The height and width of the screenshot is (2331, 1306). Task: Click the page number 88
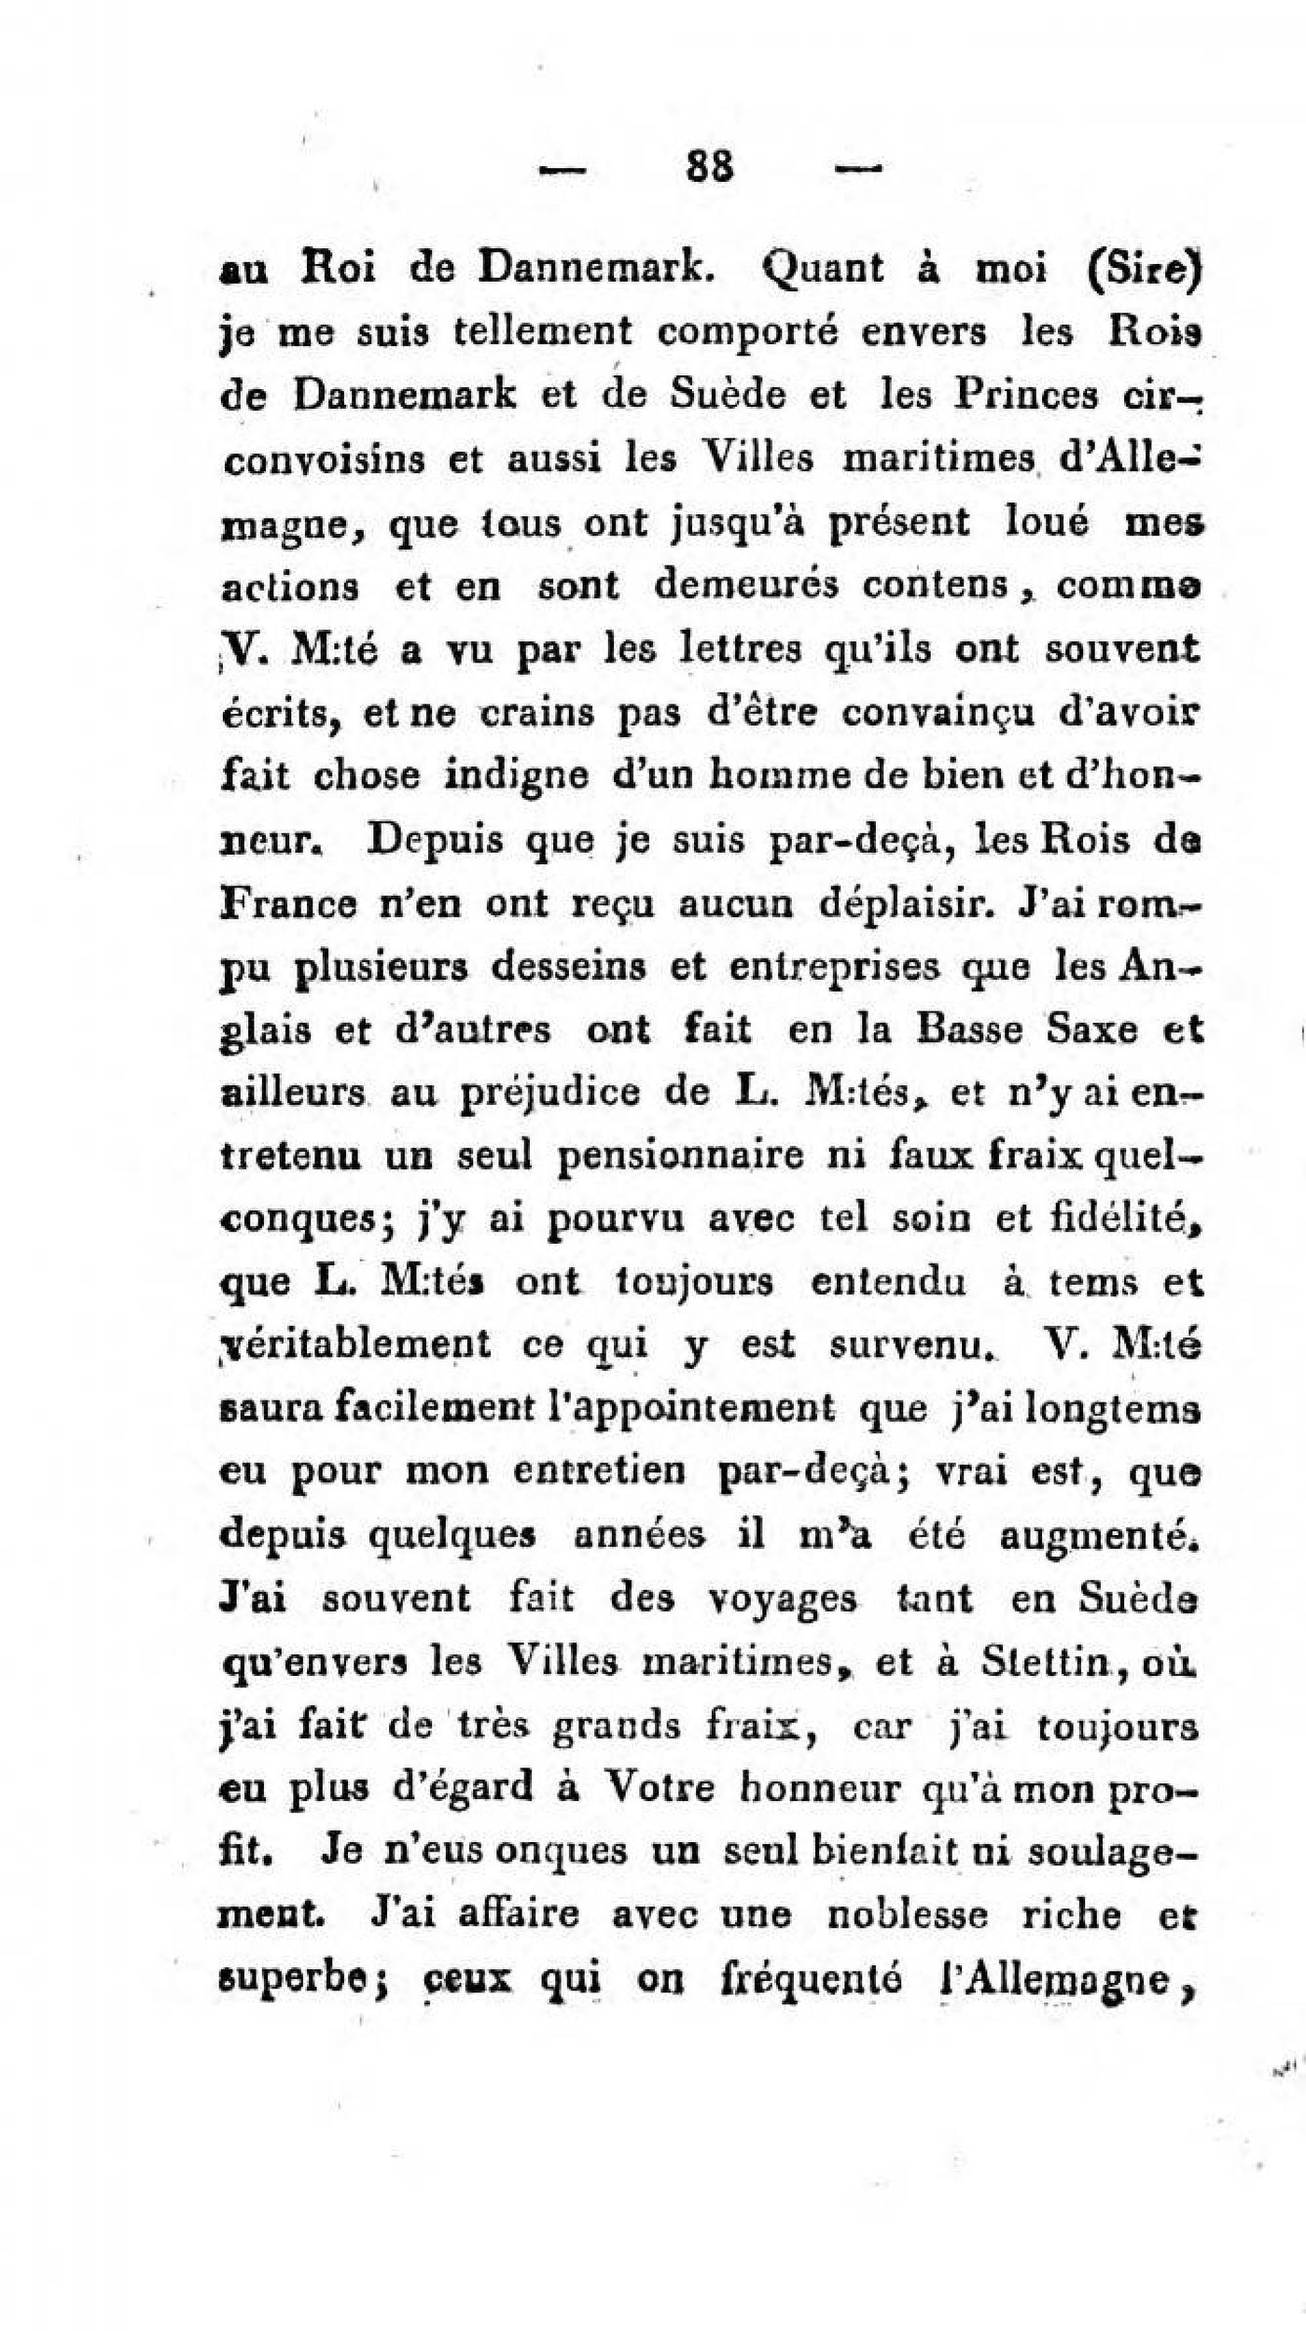coord(711,168)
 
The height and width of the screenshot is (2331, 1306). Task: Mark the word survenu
coord(909,1347)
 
